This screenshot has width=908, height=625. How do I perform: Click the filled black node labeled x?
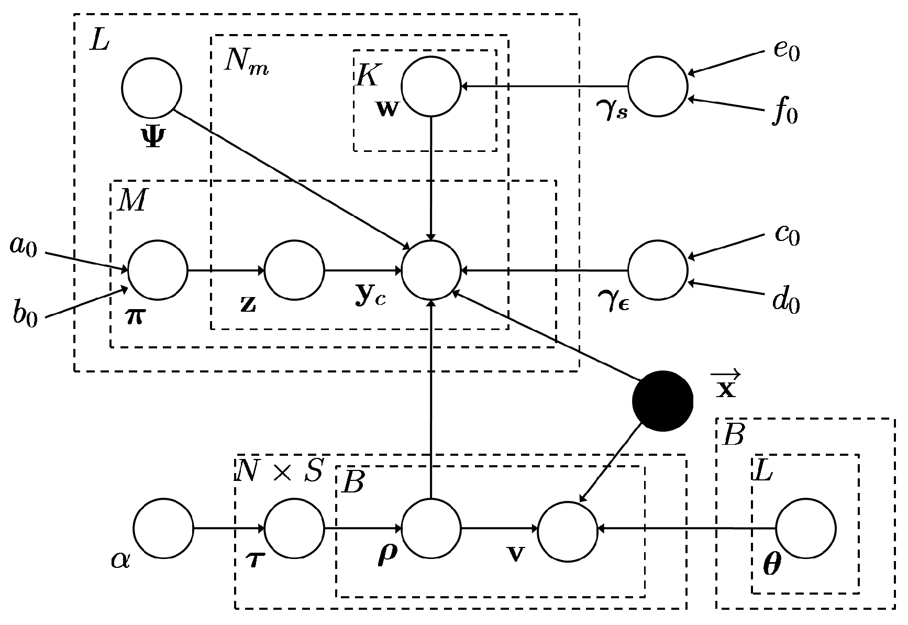tap(662, 401)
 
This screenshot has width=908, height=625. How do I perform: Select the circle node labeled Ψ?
tap(151, 88)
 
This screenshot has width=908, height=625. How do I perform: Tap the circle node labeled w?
tap(431, 86)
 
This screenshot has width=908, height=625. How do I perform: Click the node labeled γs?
tap(657, 86)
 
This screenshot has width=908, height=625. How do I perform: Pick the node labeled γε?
tap(657, 270)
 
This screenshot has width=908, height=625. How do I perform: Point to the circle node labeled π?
tap(158, 270)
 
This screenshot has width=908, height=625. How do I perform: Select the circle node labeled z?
tap(294, 270)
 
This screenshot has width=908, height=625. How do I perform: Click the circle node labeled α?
tap(163, 529)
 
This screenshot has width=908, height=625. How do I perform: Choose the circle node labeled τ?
tap(294, 529)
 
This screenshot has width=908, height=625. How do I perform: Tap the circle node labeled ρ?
tap(431, 529)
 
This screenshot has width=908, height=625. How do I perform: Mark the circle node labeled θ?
tap(805, 529)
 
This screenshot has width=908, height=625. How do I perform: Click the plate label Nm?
tap(246, 62)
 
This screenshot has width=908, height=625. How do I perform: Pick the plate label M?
tap(132, 200)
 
